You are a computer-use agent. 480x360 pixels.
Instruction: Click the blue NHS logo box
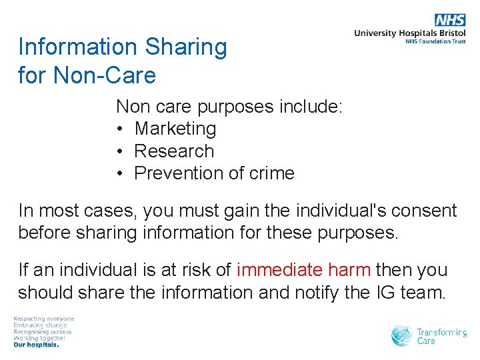click(x=450, y=20)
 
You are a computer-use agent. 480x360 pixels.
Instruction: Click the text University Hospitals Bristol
click(x=410, y=33)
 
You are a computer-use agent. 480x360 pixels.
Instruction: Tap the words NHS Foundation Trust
click(x=435, y=41)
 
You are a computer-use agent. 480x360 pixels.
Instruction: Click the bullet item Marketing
click(x=175, y=129)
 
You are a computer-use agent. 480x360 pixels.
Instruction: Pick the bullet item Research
click(x=174, y=151)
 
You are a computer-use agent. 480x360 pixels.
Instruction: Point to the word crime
click(x=271, y=173)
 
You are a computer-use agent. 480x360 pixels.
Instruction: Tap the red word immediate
click(x=279, y=271)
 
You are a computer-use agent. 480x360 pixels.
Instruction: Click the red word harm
click(x=349, y=271)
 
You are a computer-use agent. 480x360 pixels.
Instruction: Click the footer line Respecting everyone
click(x=44, y=319)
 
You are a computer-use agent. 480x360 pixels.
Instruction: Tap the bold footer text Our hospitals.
click(x=37, y=345)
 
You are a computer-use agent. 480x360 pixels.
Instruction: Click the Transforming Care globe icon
click(x=402, y=335)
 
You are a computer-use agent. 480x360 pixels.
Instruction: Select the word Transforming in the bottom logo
click(x=441, y=332)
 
